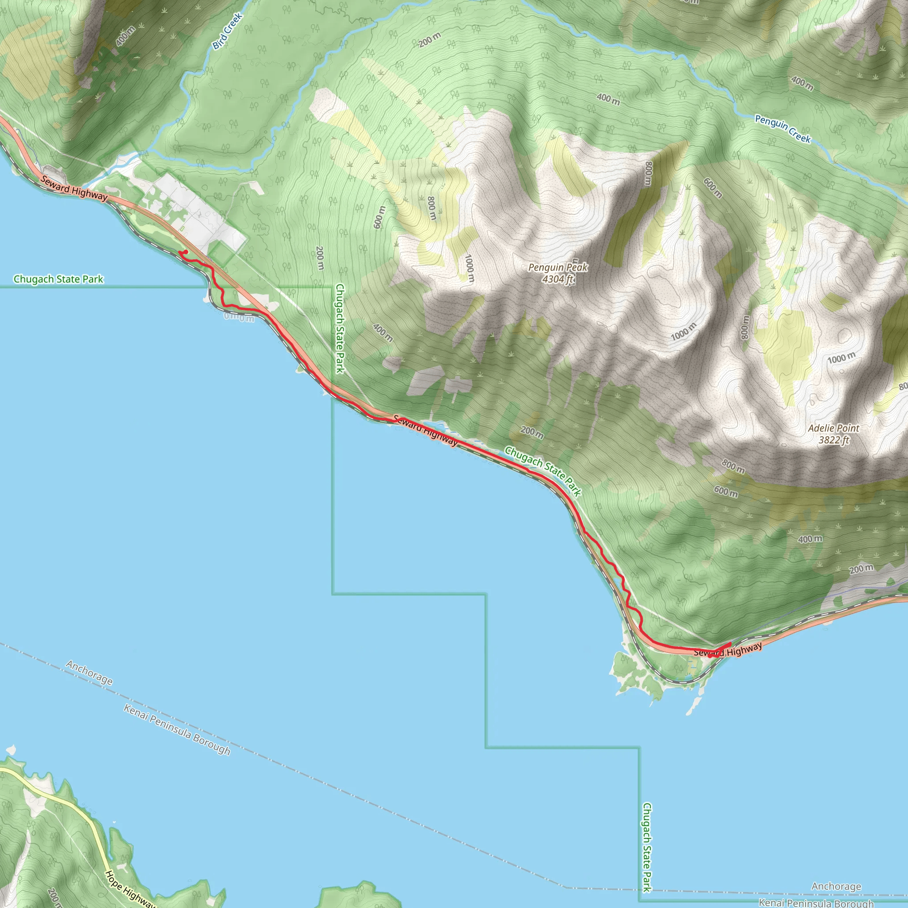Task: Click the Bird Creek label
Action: point(227,31)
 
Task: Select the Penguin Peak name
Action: point(558,267)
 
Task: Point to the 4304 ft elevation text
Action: point(558,279)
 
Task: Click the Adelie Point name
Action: point(833,428)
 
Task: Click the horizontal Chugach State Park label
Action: point(58,279)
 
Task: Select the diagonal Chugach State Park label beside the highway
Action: point(543,471)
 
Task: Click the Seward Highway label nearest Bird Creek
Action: point(74,188)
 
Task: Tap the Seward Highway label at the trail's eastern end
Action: point(728,650)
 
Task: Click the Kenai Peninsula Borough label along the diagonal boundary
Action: point(177,730)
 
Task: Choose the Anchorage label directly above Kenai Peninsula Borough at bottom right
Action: point(836,886)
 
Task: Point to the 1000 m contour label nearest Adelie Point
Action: point(841,359)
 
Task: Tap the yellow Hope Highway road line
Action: point(70,807)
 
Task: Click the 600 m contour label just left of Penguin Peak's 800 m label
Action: point(379,217)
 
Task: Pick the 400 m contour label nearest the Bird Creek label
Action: point(125,36)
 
